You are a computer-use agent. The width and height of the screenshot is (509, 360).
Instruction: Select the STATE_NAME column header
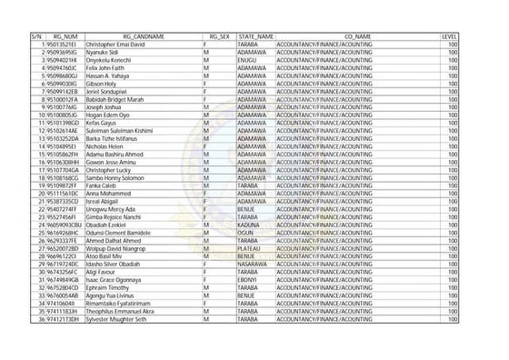point(255,36)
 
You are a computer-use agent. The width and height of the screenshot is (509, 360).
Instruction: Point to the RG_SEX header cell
point(219,36)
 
